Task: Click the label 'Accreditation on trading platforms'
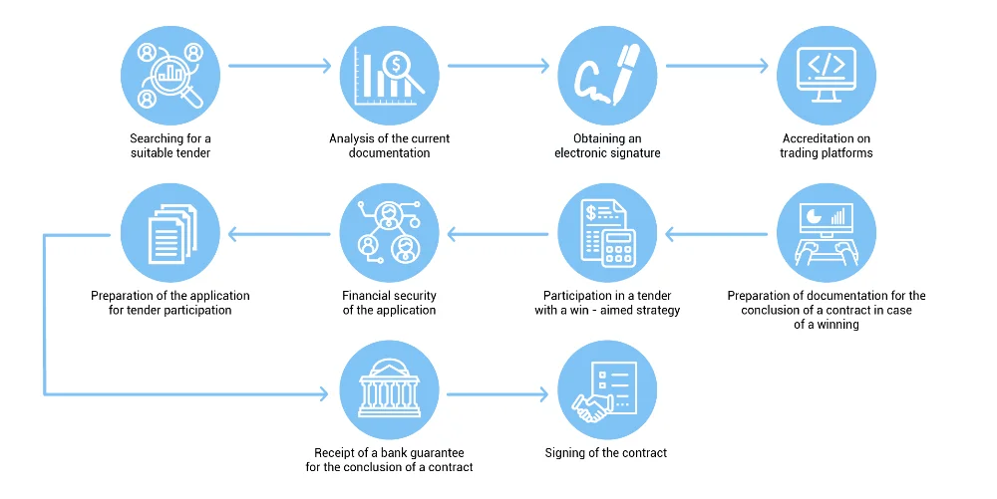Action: pos(826,145)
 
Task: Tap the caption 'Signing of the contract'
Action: pos(606,453)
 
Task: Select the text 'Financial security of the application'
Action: pos(389,303)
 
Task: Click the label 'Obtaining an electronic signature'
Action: pos(607,145)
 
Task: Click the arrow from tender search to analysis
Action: pos(279,67)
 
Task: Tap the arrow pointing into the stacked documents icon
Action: pos(279,235)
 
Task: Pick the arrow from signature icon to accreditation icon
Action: pos(717,67)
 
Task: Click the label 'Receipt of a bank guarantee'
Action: pos(389,453)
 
